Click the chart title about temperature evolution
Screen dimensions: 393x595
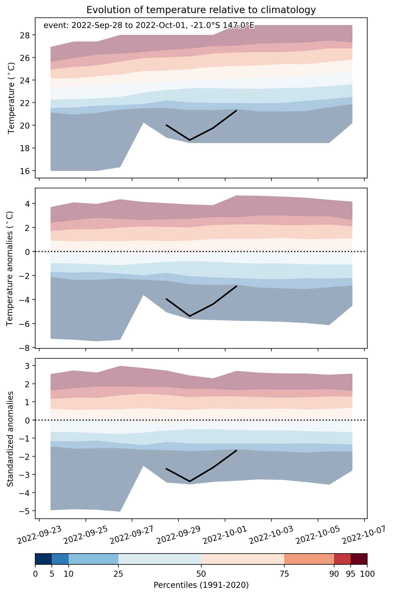point(201,10)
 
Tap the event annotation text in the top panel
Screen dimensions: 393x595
point(149,26)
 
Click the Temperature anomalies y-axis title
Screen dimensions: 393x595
point(9,268)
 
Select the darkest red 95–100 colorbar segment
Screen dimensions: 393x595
point(359,559)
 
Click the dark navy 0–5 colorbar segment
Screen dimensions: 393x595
point(43,559)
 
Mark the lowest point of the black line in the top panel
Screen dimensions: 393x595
point(190,140)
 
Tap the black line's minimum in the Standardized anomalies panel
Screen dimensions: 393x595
point(190,481)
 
